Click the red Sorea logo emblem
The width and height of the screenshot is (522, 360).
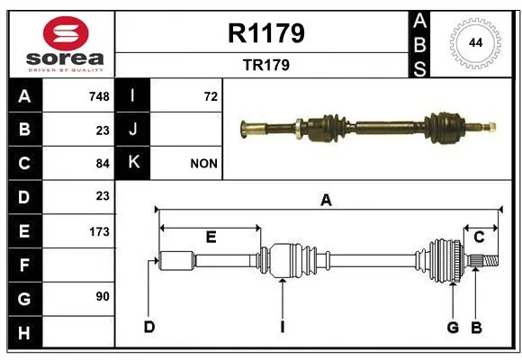click(x=66, y=33)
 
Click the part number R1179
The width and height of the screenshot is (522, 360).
click(x=266, y=33)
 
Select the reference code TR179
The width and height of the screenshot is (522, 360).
click(x=266, y=65)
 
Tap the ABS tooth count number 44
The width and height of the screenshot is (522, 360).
click(x=475, y=43)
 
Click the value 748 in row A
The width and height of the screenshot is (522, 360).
click(x=99, y=96)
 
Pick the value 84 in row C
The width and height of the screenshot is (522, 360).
click(x=103, y=164)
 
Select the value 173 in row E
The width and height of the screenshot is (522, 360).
click(x=99, y=231)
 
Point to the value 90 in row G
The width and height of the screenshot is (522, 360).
click(x=103, y=296)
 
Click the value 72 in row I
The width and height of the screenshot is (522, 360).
click(x=211, y=96)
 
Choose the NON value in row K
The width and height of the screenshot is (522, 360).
click(x=203, y=164)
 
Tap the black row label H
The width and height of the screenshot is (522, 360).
click(x=25, y=333)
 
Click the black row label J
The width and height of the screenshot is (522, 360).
click(x=132, y=130)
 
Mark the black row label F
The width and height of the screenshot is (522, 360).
click(x=25, y=265)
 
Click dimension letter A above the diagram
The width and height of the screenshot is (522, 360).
click(x=326, y=201)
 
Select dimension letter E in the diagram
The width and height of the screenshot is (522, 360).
click(x=211, y=237)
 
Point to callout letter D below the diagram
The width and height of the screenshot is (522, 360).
click(x=149, y=327)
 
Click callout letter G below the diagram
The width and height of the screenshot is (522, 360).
click(x=453, y=328)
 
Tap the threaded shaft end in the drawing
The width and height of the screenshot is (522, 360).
click(x=490, y=260)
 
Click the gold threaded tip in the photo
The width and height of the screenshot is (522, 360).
click(x=490, y=127)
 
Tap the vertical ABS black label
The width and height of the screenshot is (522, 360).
click(x=419, y=44)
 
